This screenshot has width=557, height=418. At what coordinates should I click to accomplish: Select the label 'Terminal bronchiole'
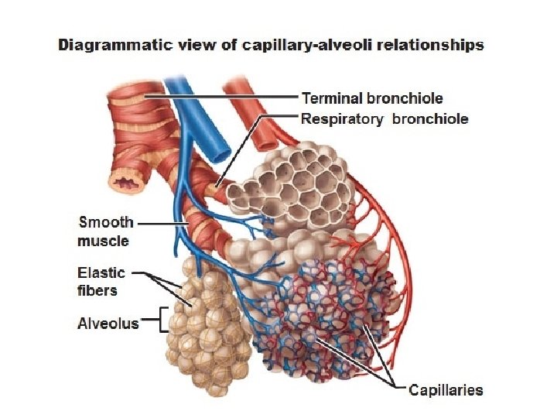click(372, 98)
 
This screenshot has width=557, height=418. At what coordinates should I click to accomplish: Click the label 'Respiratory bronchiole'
click(384, 119)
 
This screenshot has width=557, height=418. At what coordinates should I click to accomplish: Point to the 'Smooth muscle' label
click(106, 231)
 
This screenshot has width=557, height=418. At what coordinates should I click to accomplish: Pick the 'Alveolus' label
click(108, 324)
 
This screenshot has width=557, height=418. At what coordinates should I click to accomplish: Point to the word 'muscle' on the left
click(103, 241)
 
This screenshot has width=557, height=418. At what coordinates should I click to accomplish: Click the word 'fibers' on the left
click(97, 290)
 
